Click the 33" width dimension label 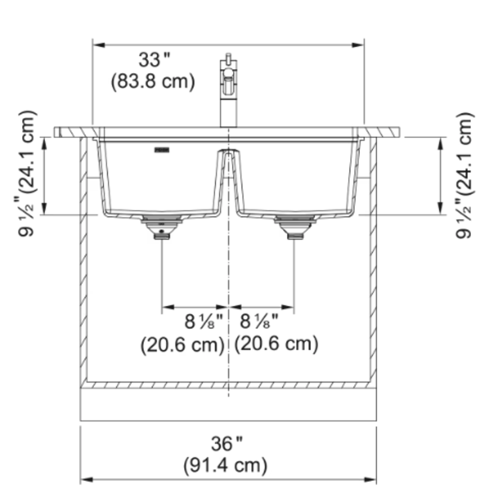[154, 60]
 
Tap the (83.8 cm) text [153, 82]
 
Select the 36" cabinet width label [227, 443]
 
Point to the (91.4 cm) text [225, 465]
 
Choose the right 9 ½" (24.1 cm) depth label [465, 175]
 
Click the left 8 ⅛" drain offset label [204, 321]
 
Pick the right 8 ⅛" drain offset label [259, 321]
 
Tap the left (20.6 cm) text [182, 345]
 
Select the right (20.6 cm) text [276, 344]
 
